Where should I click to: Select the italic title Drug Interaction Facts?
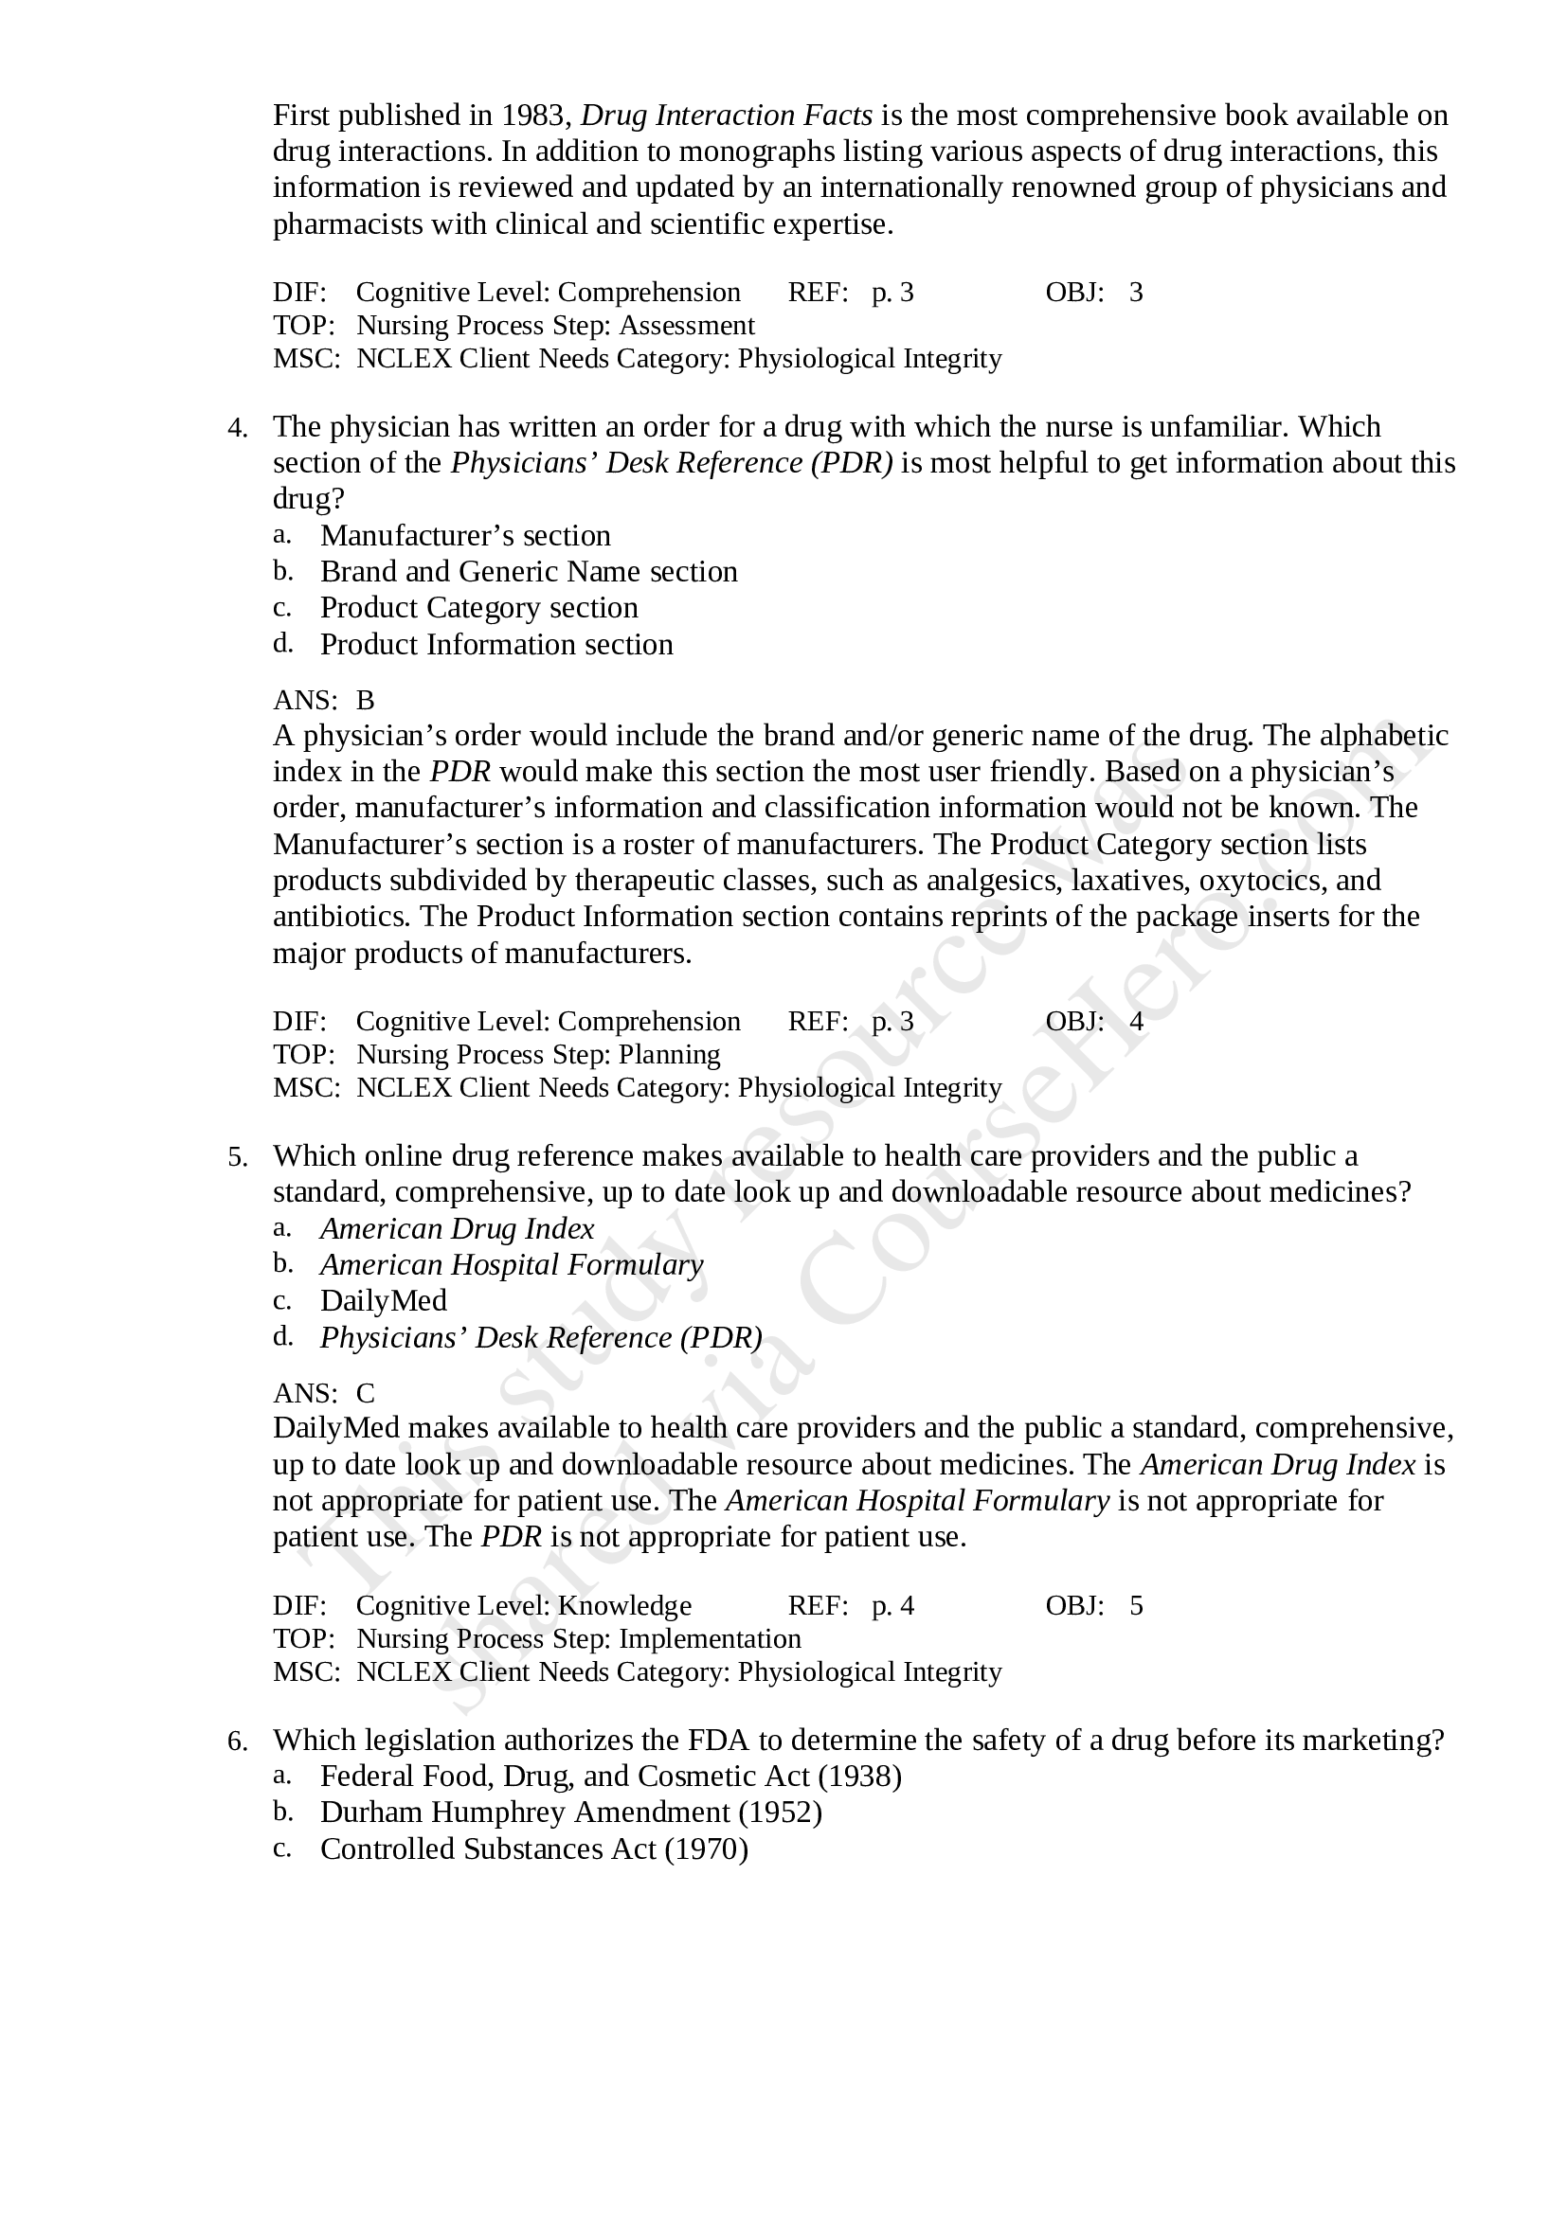coord(727,116)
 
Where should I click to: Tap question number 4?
coord(238,428)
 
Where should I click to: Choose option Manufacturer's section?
coord(465,535)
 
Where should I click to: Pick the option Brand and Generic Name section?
coord(529,571)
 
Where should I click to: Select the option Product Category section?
coord(478,608)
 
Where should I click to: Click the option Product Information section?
coord(495,645)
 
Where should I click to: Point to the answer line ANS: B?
coord(324,700)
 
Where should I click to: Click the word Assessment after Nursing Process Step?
coord(686,325)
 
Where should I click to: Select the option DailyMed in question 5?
coord(383,1300)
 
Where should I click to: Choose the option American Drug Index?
coord(458,1228)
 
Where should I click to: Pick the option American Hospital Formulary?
coord(512,1265)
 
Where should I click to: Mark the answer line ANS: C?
coord(324,1393)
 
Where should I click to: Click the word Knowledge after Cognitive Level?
coord(624,1605)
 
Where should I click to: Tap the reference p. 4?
coord(892,1605)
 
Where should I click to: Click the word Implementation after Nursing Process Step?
coord(710,1638)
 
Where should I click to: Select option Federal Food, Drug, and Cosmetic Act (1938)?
coord(611,1776)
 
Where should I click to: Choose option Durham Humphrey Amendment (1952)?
coord(570,1813)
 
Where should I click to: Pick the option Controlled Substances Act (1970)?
coord(533,1849)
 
